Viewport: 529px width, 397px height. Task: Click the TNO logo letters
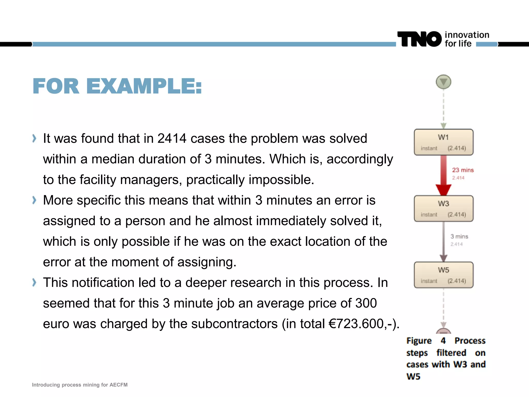click(x=419, y=39)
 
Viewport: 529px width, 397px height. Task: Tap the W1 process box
click(x=444, y=142)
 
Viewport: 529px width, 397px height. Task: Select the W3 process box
click(x=444, y=209)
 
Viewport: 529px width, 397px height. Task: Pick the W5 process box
click(x=444, y=275)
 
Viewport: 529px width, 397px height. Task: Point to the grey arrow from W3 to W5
click(x=444, y=242)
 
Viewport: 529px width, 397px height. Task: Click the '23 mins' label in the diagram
click(x=463, y=170)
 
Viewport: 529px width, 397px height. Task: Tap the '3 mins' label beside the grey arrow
click(x=459, y=236)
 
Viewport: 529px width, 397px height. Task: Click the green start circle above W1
click(x=444, y=82)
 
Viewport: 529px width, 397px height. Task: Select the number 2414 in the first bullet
click(x=172, y=139)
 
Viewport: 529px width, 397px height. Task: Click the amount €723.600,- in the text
click(x=362, y=324)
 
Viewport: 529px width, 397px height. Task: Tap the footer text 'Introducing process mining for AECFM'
click(x=80, y=385)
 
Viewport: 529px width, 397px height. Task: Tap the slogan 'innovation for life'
click(x=467, y=39)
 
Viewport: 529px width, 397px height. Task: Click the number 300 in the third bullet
click(x=366, y=303)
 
